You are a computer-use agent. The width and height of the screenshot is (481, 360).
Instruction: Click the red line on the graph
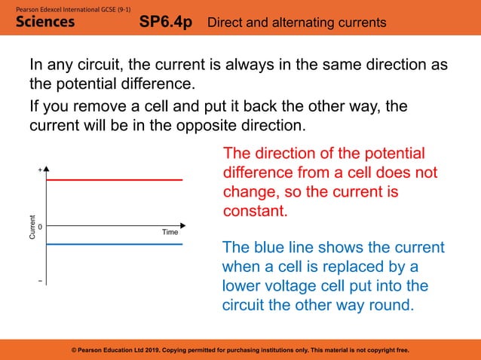[113, 180]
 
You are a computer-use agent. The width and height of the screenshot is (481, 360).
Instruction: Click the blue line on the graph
[113, 244]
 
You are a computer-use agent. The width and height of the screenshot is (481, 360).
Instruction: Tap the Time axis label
[170, 232]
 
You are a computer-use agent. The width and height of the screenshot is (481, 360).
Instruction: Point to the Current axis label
[32, 227]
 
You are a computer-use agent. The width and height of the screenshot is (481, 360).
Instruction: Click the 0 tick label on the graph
[39, 226]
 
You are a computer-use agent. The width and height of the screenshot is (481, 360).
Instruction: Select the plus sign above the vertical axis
[40, 171]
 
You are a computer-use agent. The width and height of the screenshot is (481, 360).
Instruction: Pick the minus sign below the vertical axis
[40, 282]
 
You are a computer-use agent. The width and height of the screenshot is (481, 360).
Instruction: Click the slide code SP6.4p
[167, 23]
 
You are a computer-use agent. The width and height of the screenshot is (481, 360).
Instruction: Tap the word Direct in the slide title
[228, 23]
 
